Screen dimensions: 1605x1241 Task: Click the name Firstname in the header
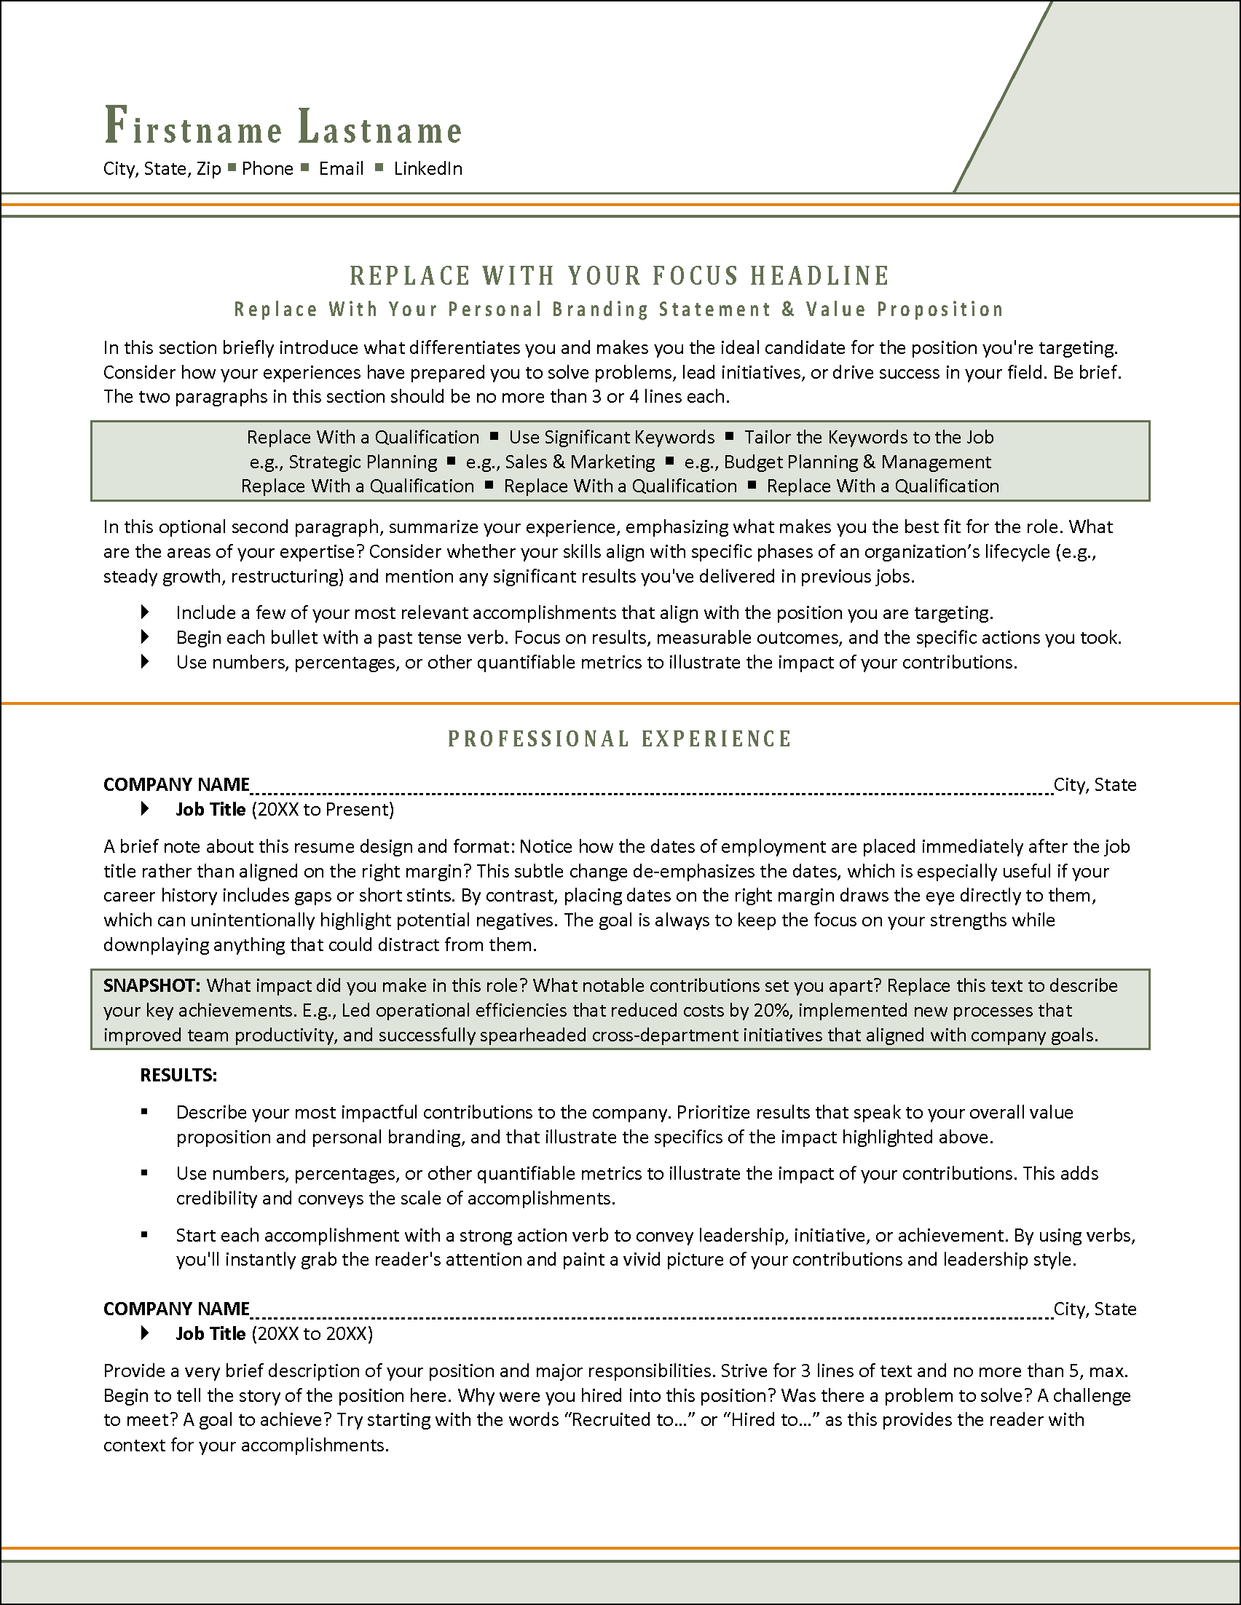193,127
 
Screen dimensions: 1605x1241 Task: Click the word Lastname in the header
380,127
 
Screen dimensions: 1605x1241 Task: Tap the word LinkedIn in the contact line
428,169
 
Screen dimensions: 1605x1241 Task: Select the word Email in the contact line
341,169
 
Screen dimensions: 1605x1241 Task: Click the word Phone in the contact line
267,169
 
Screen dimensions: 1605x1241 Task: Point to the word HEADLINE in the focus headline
819,276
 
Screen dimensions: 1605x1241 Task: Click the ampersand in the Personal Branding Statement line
788,309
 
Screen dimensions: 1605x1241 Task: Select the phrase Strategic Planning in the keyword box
362,462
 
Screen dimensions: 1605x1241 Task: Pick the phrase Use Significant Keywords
611,437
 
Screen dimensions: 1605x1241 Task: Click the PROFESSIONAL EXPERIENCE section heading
620,739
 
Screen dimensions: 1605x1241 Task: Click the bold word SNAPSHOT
151,985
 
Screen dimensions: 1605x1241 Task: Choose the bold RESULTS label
178,1076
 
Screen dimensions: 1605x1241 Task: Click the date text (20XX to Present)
323,810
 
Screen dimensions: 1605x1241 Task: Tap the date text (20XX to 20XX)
312,1334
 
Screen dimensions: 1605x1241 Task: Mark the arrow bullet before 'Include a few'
145,612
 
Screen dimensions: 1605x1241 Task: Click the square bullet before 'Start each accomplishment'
145,1235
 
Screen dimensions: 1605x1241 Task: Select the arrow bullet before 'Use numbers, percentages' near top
145,662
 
